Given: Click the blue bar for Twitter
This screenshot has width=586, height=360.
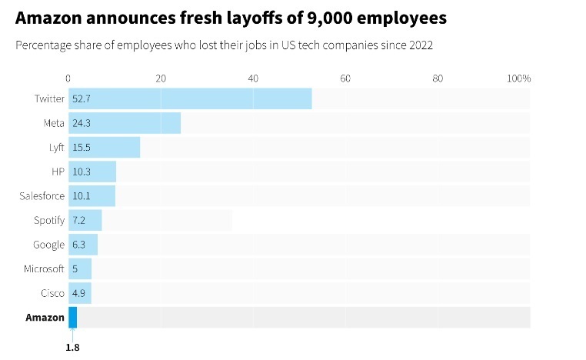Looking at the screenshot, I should [x=190, y=99].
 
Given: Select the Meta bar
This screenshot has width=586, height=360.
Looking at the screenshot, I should [x=125, y=123].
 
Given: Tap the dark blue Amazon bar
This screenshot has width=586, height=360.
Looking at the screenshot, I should [x=73, y=317].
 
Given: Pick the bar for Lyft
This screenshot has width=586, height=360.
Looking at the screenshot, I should [x=105, y=147].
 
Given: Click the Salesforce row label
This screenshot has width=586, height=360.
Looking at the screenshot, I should [x=42, y=196].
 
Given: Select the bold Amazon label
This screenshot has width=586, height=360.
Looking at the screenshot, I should [x=45, y=317].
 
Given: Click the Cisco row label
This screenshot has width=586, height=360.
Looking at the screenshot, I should [x=53, y=293].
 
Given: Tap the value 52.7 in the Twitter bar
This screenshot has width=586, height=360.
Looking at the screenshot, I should [x=81, y=99].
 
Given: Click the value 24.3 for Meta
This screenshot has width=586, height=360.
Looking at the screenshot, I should [x=81, y=123].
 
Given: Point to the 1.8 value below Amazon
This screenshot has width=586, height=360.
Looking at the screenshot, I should [x=72, y=347].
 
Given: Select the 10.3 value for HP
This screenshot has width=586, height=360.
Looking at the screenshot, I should [x=81, y=172].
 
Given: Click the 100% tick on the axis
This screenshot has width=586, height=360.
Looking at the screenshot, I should [x=519, y=78].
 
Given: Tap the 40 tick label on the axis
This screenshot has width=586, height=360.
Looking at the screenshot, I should [x=253, y=78].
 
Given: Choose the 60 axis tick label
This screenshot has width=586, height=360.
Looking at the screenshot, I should [x=345, y=78].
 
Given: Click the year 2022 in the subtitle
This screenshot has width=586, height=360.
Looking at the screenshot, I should [x=421, y=45].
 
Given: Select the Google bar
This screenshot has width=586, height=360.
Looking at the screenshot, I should [x=83, y=245].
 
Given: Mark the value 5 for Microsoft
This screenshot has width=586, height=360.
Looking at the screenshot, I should [x=75, y=268].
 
